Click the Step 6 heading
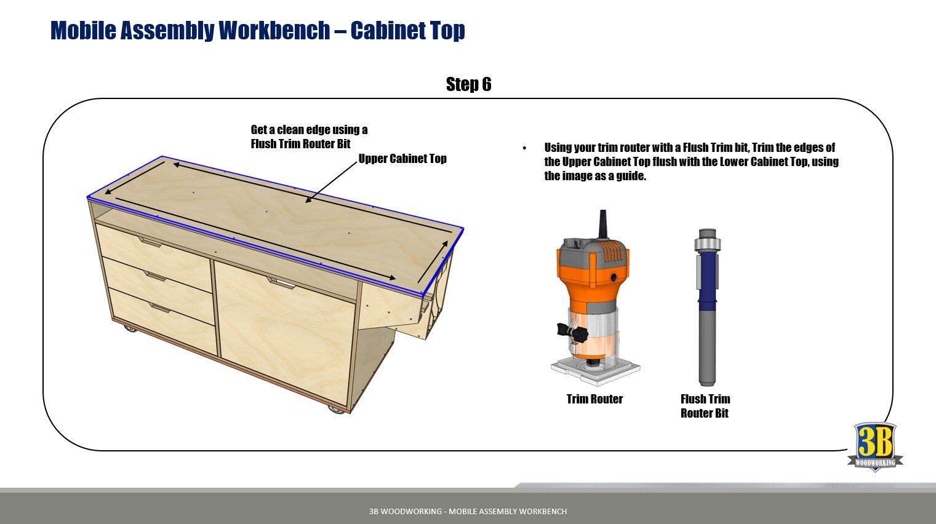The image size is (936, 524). (468, 84)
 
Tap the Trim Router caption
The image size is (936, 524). (594, 399)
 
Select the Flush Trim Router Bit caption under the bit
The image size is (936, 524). (705, 406)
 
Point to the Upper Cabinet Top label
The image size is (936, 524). (402, 159)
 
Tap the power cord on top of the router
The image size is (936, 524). (603, 224)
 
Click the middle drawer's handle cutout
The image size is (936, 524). (154, 276)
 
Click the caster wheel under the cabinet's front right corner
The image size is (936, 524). (336, 408)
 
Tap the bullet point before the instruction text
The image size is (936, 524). (524, 148)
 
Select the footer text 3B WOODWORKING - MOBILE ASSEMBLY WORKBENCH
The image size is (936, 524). (468, 511)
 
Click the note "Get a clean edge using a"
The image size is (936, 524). (309, 130)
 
